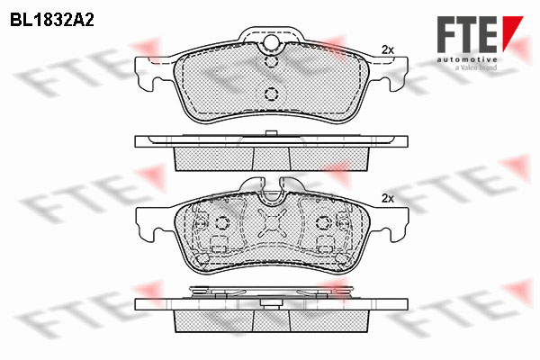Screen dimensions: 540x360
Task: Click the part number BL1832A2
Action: [52, 21]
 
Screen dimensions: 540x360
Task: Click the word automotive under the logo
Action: [467, 59]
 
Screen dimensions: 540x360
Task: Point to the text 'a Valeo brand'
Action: [476, 67]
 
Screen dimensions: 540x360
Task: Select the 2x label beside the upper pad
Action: [387, 50]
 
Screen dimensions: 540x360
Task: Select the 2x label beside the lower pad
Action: [387, 198]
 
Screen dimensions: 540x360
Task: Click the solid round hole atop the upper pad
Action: [271, 42]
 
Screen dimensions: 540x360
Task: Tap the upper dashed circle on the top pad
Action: [272, 62]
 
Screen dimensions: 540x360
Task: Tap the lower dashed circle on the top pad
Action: [272, 94]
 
